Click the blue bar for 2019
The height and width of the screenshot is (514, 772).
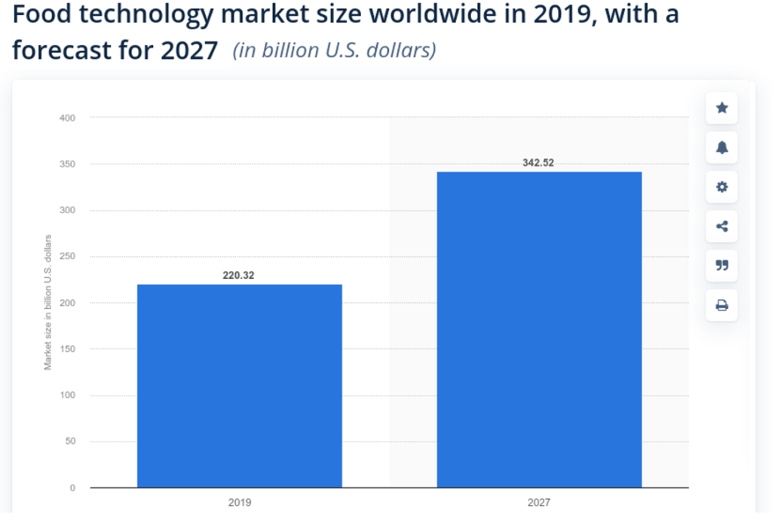pos(239,386)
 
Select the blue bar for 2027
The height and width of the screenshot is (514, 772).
pos(539,329)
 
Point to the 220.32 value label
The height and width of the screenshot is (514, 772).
pos(238,276)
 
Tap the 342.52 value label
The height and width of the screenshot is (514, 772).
pos(538,163)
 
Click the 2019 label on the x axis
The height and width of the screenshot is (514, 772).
pos(239,502)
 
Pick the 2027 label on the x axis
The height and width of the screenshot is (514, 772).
pos(539,502)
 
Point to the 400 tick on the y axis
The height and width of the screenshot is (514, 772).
pos(68,118)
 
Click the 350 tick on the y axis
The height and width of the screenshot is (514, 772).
pos(68,164)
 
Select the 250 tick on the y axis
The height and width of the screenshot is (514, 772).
pos(68,256)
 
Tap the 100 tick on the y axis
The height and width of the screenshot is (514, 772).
pos(68,395)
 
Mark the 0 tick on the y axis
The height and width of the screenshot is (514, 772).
pos(72,488)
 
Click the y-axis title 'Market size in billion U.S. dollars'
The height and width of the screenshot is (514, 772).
pos(47,302)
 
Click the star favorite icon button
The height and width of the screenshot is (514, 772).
pos(721,109)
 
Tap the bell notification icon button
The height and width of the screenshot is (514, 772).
pos(721,148)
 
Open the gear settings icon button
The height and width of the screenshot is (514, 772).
pos(721,187)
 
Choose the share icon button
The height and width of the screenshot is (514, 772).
pos(721,226)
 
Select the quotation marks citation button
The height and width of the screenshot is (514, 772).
pos(721,265)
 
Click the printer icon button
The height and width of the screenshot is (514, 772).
pos(721,305)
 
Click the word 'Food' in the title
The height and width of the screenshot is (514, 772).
pos(40,15)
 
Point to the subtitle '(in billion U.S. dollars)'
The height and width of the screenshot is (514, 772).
pos(334,50)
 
